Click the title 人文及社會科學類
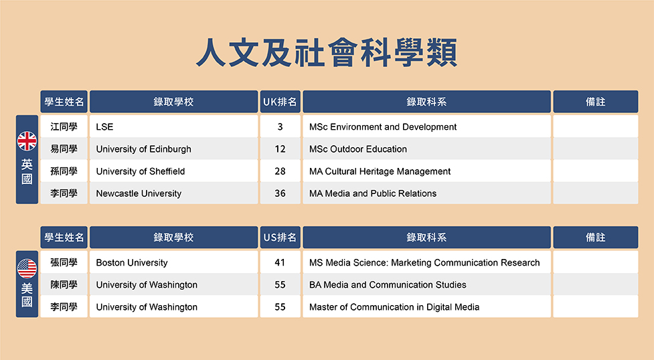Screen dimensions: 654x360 [x=327, y=52]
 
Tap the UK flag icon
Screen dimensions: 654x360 [x=27, y=141]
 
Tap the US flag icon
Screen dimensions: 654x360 [x=27, y=268]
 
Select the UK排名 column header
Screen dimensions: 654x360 [x=280, y=102]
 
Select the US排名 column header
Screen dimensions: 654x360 [x=280, y=238]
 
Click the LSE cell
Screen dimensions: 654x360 [x=173, y=126]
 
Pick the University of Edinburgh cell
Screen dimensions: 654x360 [x=173, y=149]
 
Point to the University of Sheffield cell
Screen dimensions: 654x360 [x=173, y=171]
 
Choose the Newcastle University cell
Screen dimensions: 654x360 [x=173, y=193]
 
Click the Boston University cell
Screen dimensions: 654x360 [x=173, y=262]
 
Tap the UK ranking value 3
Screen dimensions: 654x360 [x=280, y=127]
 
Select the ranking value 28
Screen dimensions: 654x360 [x=280, y=171]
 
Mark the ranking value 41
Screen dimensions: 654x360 [x=280, y=262]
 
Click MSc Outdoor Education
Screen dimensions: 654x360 [x=358, y=149]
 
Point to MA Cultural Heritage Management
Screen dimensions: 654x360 [x=380, y=171]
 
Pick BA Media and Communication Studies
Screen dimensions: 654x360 [x=388, y=284]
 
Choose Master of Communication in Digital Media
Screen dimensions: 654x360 [x=394, y=307]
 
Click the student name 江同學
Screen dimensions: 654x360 [x=64, y=126]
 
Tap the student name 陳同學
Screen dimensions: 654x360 [x=64, y=284]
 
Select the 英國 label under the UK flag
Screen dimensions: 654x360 [x=27, y=171]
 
